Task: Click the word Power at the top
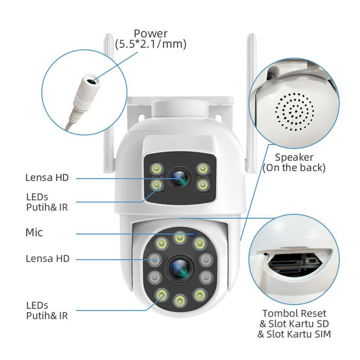coord(150,34)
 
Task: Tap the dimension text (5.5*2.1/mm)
coord(150,45)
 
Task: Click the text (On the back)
coord(294,168)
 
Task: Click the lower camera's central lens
coord(179,267)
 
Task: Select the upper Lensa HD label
coord(47,178)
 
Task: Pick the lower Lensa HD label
coord(47,259)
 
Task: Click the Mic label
coord(34,233)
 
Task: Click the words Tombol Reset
coord(294,313)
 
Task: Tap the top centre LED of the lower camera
coord(179,237)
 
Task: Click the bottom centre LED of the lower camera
coord(179,299)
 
